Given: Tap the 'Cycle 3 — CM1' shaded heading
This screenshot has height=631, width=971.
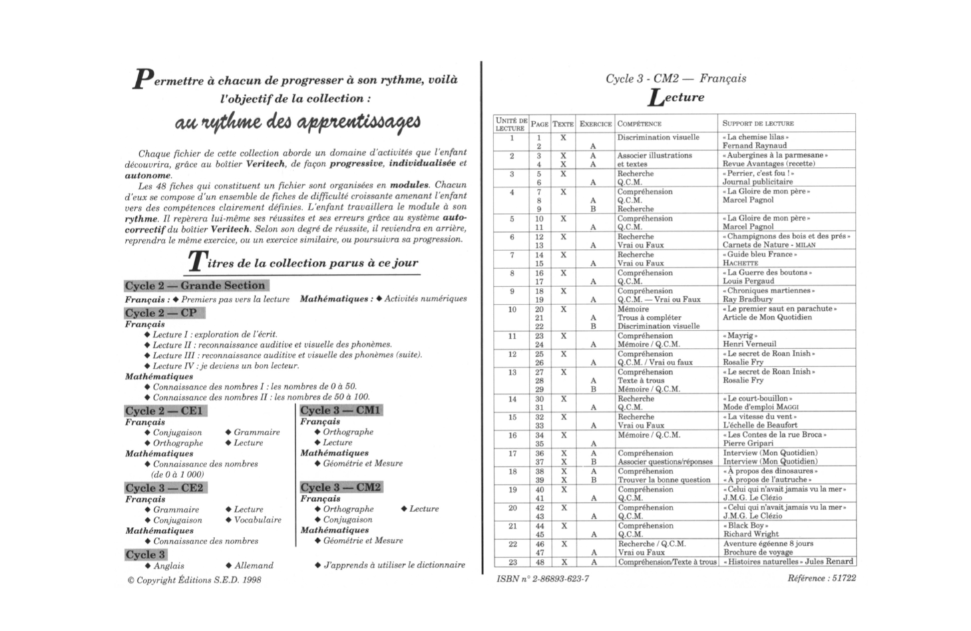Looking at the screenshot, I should tap(341, 410).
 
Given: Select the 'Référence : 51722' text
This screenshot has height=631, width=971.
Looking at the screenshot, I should tap(821, 578).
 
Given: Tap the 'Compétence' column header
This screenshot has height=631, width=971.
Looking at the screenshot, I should tap(639, 124).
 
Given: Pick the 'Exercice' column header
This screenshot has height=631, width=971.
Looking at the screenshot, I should tap(595, 124).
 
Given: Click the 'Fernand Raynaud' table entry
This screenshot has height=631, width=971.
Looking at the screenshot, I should tap(755, 146).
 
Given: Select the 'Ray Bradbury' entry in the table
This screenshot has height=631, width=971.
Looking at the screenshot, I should tap(747, 300).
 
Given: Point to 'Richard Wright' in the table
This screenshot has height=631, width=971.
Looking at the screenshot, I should tap(751, 534).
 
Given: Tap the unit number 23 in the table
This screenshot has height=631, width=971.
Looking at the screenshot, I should tap(512, 562).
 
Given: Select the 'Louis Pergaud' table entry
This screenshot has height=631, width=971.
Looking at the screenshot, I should tap(749, 281).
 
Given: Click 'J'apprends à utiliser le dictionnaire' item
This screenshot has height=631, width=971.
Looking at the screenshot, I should tap(394, 565).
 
